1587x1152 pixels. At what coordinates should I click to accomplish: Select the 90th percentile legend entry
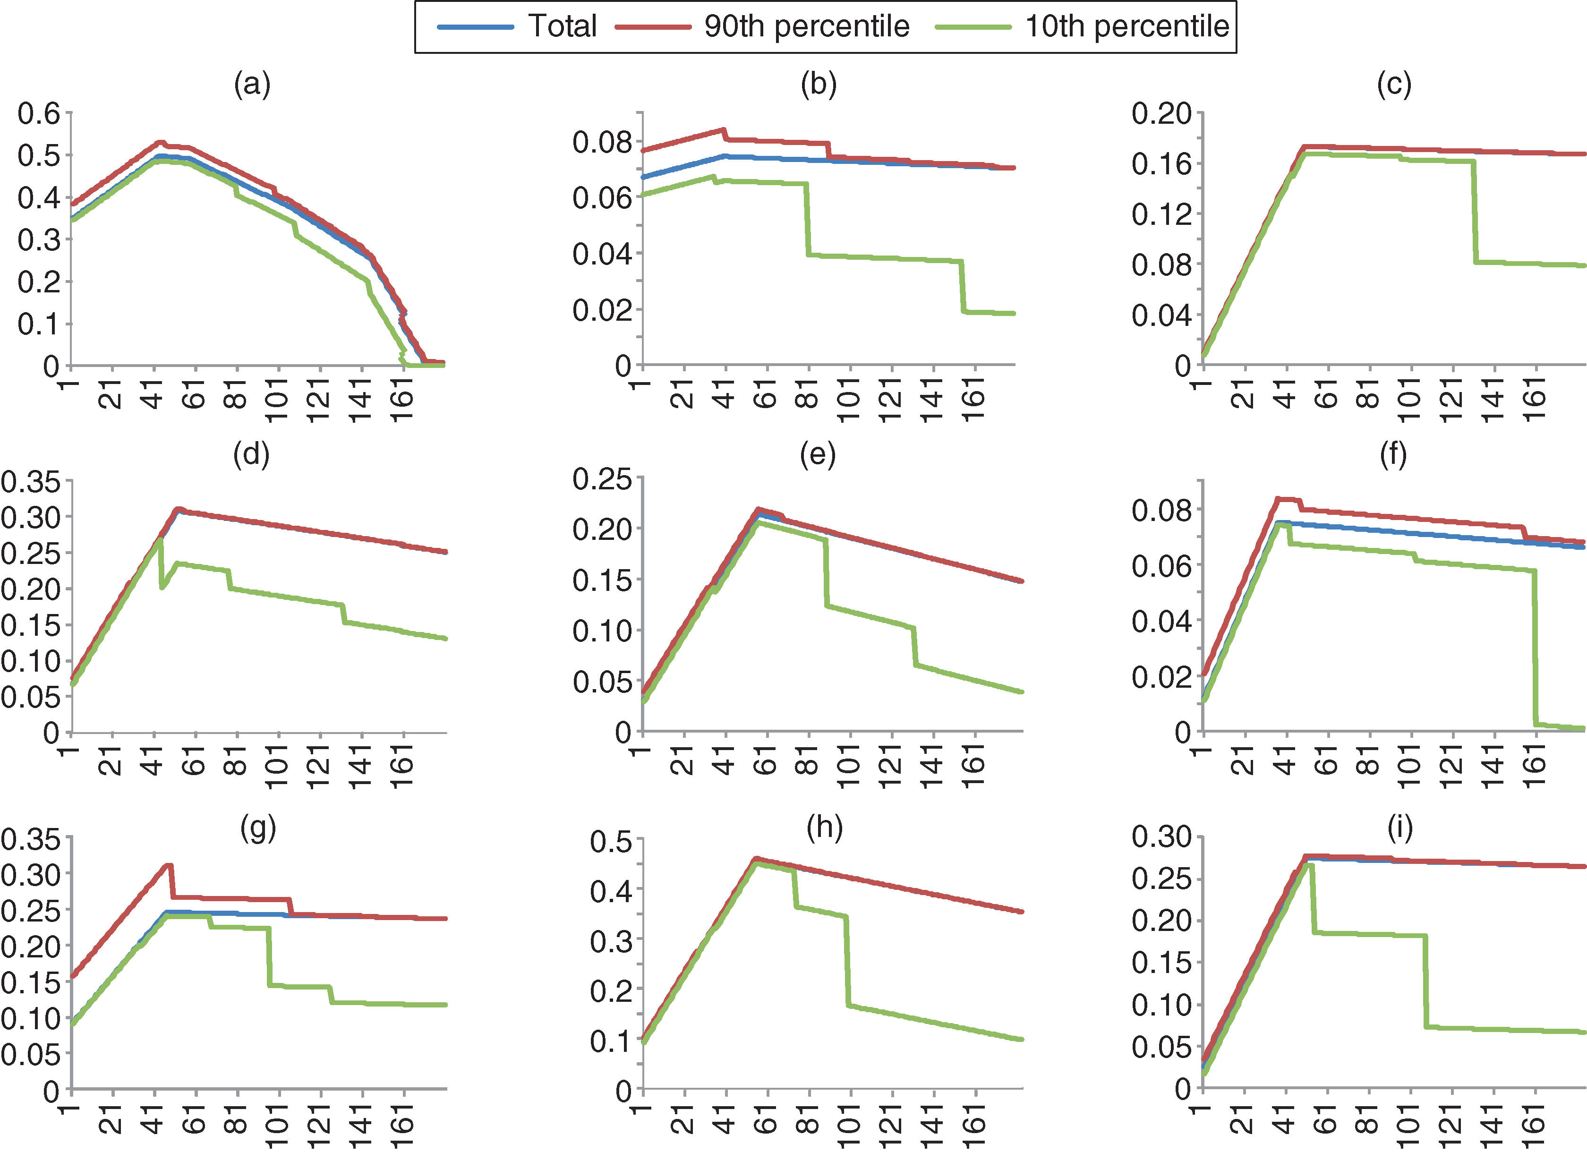tap(763, 26)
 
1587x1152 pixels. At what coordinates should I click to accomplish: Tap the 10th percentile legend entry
tap(1082, 26)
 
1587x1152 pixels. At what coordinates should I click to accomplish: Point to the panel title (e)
tap(818, 455)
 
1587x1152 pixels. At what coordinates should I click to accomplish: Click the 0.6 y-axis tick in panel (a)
tap(39, 113)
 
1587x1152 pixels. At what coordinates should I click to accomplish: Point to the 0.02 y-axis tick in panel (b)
tap(602, 310)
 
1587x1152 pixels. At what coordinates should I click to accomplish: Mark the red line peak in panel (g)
tap(169, 866)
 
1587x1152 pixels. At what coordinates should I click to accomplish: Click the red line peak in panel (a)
tap(160, 142)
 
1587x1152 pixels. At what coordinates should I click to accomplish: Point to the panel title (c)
tap(1394, 85)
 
